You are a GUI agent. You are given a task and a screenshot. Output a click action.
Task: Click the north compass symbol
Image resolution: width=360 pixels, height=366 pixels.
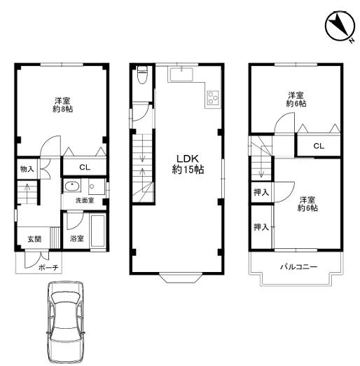pyautogui.click(x=340, y=27)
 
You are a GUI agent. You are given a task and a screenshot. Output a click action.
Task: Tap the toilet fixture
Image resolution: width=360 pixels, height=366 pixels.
pyautogui.click(x=142, y=75)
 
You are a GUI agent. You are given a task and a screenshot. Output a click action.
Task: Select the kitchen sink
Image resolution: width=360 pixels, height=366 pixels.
pyautogui.click(x=181, y=74)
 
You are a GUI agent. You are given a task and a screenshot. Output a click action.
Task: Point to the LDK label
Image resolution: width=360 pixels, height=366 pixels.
pyautogui.click(x=188, y=159)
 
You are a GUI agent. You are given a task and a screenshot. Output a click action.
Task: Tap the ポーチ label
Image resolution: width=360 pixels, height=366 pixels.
pyautogui.click(x=48, y=267)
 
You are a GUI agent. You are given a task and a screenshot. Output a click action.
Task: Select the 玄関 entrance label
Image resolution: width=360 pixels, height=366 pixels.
pyautogui.click(x=34, y=239)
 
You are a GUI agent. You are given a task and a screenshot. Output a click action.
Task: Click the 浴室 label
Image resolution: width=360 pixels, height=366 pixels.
pyautogui.click(x=77, y=238)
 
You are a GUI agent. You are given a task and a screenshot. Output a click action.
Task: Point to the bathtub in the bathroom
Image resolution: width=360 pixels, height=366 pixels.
pyautogui.click(x=98, y=231)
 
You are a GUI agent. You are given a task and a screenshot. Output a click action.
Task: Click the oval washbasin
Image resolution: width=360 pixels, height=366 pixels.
pyautogui.click(x=72, y=187)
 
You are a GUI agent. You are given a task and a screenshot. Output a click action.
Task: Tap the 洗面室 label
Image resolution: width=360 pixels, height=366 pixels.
pyautogui.click(x=85, y=201)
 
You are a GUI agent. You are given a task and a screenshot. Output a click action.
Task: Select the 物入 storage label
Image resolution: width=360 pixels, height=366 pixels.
pyautogui.click(x=27, y=169)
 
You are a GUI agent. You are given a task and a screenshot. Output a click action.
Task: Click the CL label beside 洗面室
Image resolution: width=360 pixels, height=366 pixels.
pyautogui.click(x=85, y=168)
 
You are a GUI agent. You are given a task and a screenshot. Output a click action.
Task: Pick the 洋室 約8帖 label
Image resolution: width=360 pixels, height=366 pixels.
pyautogui.click(x=62, y=105)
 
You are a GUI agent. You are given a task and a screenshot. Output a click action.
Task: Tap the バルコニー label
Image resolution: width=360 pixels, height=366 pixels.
pyautogui.click(x=298, y=266)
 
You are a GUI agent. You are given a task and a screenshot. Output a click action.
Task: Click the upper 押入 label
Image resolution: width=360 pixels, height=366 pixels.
pyautogui.click(x=261, y=192)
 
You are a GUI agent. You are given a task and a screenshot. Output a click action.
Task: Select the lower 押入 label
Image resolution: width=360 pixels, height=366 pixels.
pyautogui.click(x=261, y=226)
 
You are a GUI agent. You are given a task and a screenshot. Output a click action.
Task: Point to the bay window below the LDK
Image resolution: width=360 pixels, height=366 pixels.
pyautogui.click(x=181, y=278)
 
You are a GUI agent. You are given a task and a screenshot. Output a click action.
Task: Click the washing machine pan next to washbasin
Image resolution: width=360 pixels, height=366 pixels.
pyautogui.click(x=97, y=187)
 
